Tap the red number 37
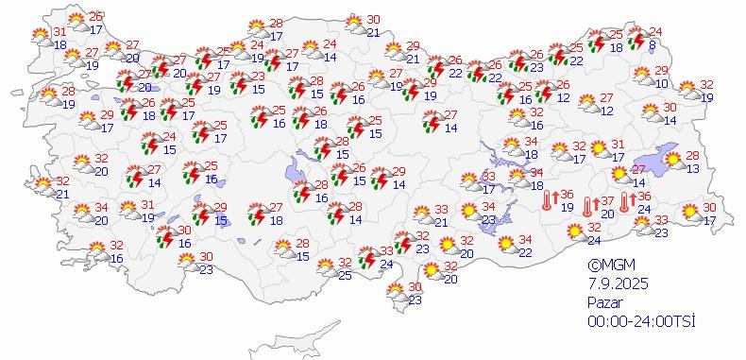tap(609, 201)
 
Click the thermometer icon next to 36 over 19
tap(548, 200)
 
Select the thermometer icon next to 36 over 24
tap(624, 200)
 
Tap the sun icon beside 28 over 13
tap(672, 162)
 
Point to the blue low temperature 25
tap(345, 275)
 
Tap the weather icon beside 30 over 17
tap(690, 214)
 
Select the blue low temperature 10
tap(661, 84)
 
